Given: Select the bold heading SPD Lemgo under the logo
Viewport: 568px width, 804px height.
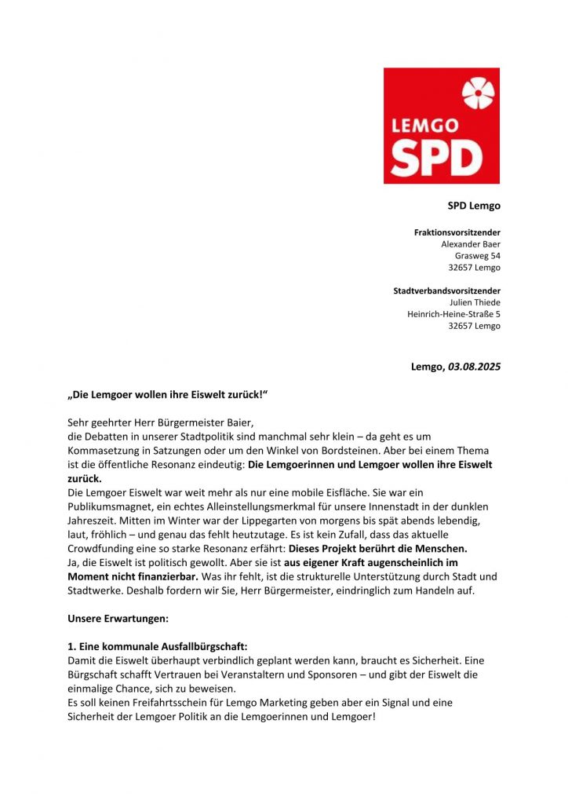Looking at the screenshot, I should click(474, 206).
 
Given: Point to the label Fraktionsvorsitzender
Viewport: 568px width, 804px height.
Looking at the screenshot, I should click(457, 232).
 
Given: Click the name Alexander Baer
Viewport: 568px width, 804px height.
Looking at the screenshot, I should click(471, 244).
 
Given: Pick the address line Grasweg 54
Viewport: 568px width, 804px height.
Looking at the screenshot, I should click(478, 256).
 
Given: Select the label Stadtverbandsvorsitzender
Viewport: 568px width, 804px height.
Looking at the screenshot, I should click(446, 291).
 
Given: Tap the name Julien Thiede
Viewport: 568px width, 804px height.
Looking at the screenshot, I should click(475, 302).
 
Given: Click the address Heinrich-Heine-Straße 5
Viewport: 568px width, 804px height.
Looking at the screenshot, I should click(453, 314).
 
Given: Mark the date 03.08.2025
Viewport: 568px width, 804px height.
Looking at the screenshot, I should click(474, 367).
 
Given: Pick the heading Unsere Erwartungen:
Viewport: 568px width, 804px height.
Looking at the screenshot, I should click(118, 619).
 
